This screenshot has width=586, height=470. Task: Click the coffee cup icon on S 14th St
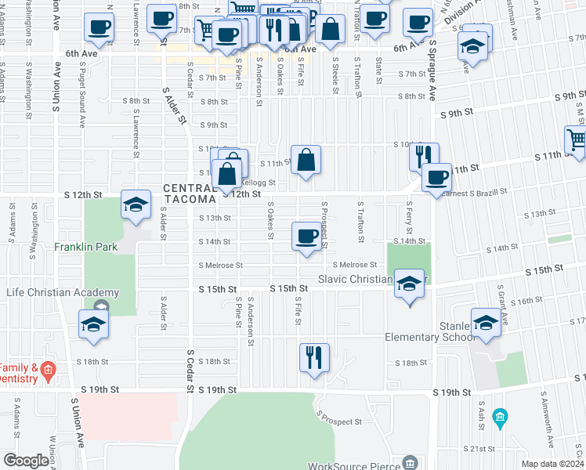pyautogui.click(x=307, y=236)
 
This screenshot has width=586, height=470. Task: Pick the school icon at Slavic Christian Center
pyautogui.click(x=408, y=284)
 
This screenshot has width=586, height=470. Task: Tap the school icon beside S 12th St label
pyautogui.click(x=136, y=205)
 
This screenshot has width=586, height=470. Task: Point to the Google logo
pyautogui.click(x=26, y=461)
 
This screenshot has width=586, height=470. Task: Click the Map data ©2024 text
pyautogui.click(x=552, y=464)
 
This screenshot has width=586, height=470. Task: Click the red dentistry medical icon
pyautogui.click(x=49, y=368)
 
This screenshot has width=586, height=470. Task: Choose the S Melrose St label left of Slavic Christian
pyautogui.click(x=221, y=266)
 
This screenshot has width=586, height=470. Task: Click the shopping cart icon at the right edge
pyautogui.click(x=577, y=140)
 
